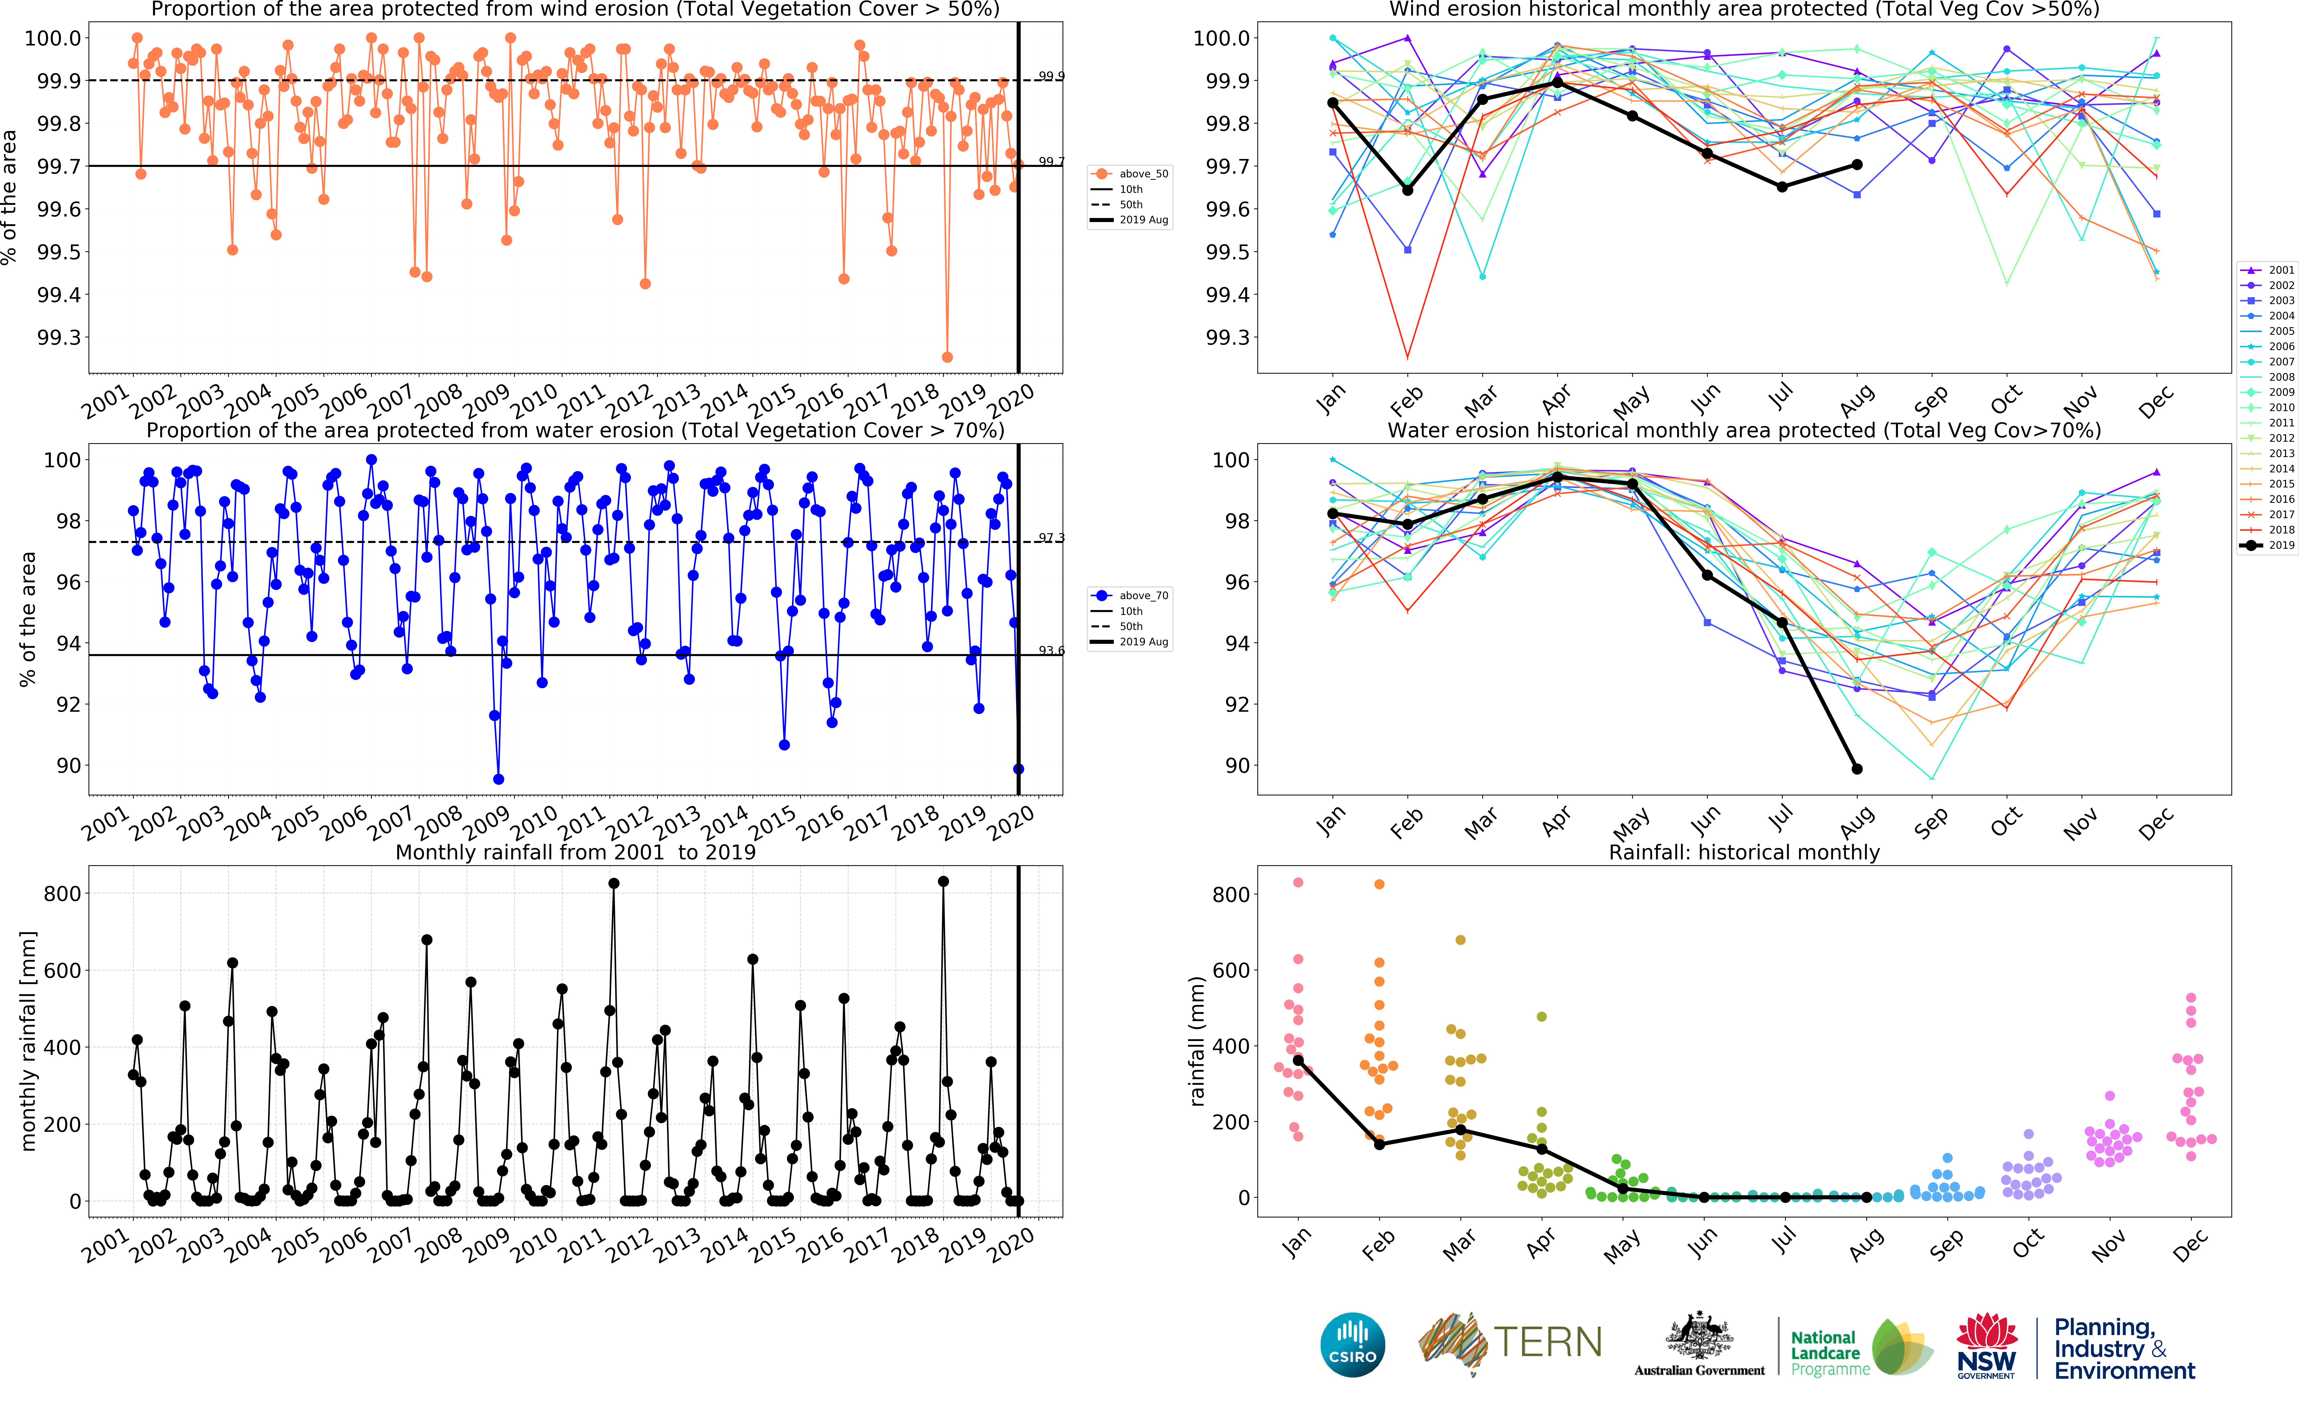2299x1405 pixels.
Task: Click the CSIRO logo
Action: [x=1352, y=1344]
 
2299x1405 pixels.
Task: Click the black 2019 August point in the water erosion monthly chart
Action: [x=1857, y=769]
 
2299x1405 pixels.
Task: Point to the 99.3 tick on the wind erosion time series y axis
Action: [x=59, y=338]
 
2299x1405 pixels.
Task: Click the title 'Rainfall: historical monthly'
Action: [x=1744, y=852]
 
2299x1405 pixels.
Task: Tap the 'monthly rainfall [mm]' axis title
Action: [x=28, y=1040]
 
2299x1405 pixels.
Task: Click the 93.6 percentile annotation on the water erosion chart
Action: [x=1052, y=650]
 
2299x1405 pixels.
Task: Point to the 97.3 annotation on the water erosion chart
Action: [x=1052, y=538]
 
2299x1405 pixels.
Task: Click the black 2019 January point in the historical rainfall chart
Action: [x=1298, y=1061]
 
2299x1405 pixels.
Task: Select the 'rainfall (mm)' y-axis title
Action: [x=1197, y=1040]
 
